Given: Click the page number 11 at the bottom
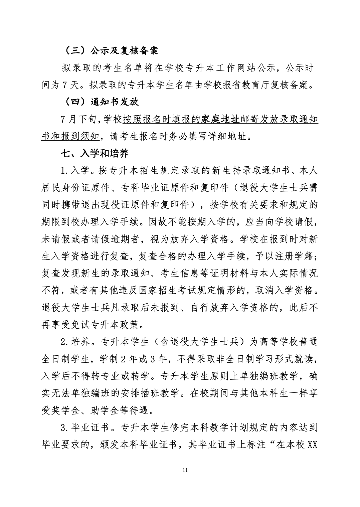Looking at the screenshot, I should click(x=186, y=470).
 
